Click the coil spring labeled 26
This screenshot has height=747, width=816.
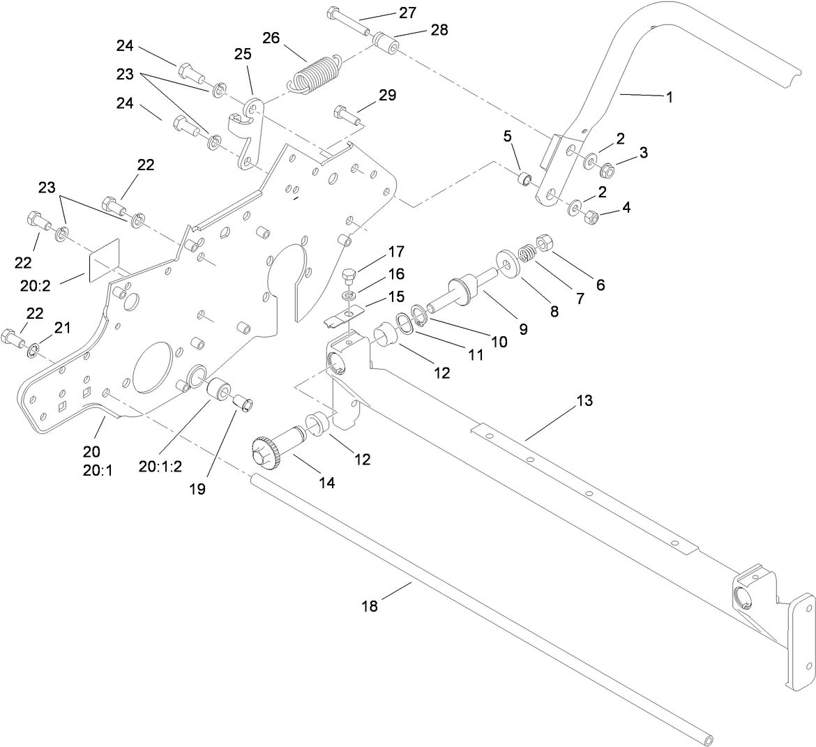315,73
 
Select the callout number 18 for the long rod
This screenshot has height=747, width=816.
370,606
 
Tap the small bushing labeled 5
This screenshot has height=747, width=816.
524,178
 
